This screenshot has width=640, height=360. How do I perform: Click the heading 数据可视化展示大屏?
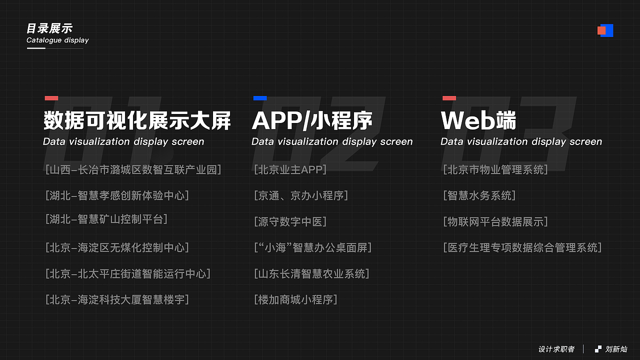click(137, 121)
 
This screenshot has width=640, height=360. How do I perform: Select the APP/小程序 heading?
click(312, 121)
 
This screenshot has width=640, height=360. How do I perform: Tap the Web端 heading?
click(478, 121)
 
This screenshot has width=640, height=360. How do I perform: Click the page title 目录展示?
click(49, 28)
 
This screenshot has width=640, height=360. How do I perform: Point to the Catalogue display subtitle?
click(57, 40)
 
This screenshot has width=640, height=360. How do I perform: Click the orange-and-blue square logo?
click(605, 30)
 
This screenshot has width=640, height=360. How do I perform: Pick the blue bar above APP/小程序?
click(260, 98)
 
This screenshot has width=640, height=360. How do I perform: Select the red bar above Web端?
click(449, 98)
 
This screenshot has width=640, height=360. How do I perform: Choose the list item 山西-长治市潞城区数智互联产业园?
click(133, 169)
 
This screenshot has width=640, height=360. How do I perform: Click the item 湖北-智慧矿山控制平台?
click(106, 219)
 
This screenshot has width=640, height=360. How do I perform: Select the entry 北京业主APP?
click(290, 169)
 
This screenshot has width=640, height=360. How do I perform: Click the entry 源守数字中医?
click(290, 221)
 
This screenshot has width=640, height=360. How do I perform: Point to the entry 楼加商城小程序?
click(295, 299)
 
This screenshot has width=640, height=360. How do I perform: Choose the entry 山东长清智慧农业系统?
click(311, 273)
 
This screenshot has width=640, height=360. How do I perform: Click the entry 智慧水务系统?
click(479, 195)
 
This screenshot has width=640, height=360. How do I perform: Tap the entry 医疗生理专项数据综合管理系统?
click(522, 247)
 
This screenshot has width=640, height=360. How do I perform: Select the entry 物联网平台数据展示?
click(495, 221)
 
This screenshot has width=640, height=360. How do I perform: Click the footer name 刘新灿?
click(616, 349)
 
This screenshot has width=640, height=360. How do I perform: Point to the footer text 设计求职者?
click(556, 349)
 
